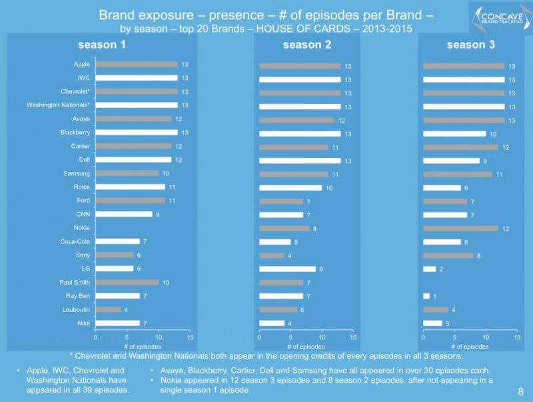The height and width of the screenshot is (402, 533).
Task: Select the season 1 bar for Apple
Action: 137,64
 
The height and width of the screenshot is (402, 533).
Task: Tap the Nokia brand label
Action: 82,228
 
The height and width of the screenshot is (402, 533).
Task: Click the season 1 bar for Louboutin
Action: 108,309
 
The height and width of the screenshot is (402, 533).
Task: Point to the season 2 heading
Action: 306,45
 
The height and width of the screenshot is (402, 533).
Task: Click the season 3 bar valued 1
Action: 426,296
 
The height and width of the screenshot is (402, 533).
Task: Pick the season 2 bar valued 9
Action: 287,269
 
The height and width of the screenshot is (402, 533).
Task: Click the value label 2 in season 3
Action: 441,269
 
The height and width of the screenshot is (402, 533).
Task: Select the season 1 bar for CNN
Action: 124,214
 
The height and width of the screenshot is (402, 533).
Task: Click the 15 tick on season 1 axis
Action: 190,338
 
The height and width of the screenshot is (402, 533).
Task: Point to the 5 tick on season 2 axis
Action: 290,338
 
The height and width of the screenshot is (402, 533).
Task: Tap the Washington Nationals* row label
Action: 58,105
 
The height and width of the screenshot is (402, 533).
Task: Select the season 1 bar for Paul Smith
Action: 127,282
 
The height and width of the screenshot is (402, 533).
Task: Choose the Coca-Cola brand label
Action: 75,241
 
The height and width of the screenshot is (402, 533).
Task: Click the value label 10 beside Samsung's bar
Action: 165,173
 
